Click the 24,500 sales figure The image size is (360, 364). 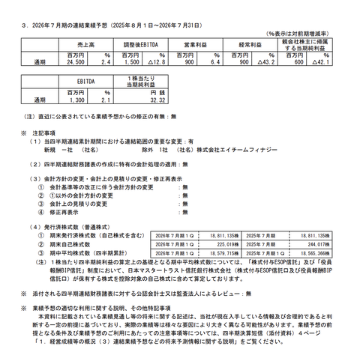click(77, 64)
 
